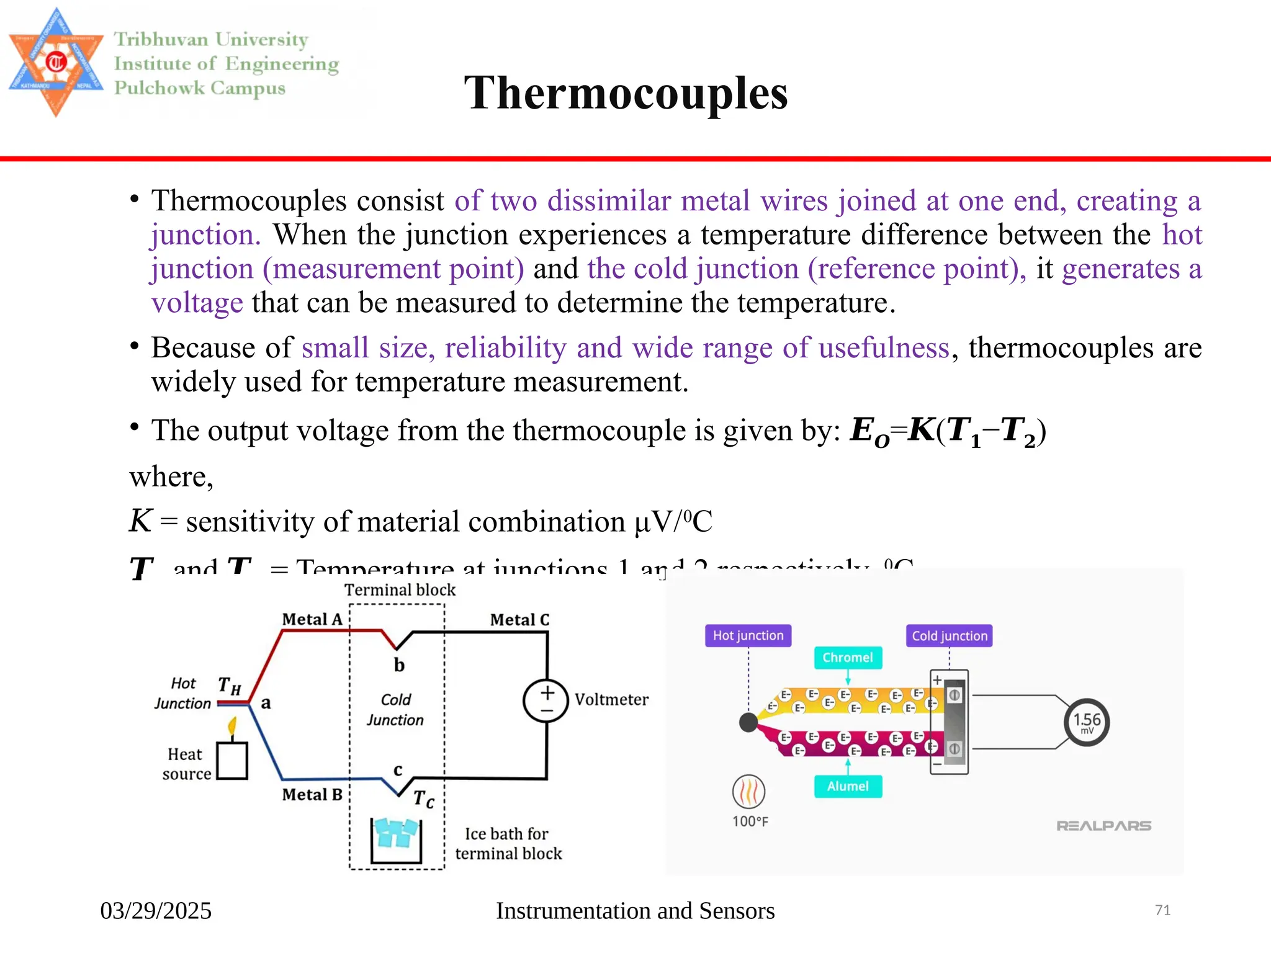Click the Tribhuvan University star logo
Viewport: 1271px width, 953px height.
pyautogui.click(x=56, y=62)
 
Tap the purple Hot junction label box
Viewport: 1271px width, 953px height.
pyautogui.click(x=748, y=635)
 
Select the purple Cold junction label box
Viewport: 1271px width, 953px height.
pyautogui.click(x=949, y=636)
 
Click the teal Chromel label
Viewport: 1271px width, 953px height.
pyautogui.click(x=847, y=658)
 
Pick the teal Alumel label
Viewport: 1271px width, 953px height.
pyautogui.click(x=847, y=786)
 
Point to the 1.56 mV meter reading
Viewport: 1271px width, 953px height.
pyautogui.click(x=1087, y=722)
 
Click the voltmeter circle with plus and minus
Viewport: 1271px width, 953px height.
pyautogui.click(x=546, y=701)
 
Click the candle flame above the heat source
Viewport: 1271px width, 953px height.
pyautogui.click(x=233, y=726)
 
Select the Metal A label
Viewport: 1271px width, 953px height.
pyautogui.click(x=312, y=619)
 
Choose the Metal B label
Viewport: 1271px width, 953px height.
pyautogui.click(x=312, y=795)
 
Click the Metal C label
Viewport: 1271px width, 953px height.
pyautogui.click(x=519, y=620)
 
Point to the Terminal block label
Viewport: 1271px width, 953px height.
pyautogui.click(x=400, y=590)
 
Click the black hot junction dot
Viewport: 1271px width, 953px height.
pyautogui.click(x=748, y=722)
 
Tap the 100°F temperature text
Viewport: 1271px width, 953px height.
pyautogui.click(x=750, y=821)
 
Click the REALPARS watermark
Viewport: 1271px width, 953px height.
pyautogui.click(x=1103, y=826)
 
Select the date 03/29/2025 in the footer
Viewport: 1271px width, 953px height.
pyautogui.click(x=156, y=911)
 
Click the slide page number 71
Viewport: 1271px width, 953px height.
pyautogui.click(x=1162, y=910)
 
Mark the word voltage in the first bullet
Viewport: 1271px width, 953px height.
pyautogui.click(x=197, y=303)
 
